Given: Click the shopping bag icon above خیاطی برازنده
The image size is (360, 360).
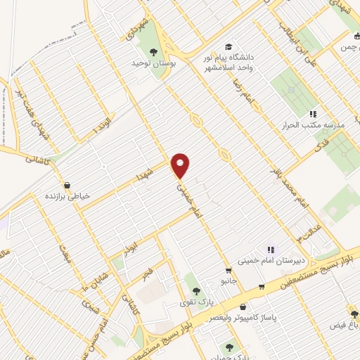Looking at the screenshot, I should coord(67,186).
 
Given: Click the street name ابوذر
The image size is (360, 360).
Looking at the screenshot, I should coord(131,248).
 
